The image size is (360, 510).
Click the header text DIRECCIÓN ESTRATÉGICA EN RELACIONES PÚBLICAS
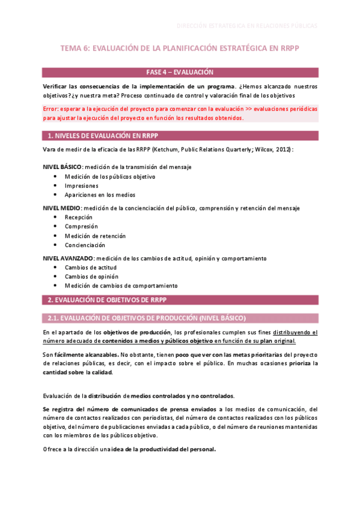pos(247,26)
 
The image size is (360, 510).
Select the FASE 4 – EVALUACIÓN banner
pos(180,72)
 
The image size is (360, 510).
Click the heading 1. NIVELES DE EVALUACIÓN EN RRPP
pos(103,135)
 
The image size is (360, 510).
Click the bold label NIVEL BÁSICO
pos(62,167)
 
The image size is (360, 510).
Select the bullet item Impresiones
pos(82,185)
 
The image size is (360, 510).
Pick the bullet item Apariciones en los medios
pos(100,195)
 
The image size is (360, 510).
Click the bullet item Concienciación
pos(85,245)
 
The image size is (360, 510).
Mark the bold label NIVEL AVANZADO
pos(68,258)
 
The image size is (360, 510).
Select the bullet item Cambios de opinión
pos(91,276)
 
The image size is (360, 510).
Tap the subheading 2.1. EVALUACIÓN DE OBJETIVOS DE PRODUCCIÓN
pos(144,318)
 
